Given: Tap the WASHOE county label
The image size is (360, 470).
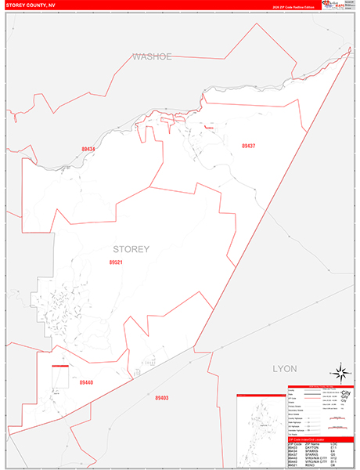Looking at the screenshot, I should coord(151,56).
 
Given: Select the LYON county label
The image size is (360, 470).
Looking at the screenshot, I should coord(286,367).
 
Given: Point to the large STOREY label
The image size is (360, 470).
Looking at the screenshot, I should coord(131,250).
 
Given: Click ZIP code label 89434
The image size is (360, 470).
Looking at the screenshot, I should coord(88,149).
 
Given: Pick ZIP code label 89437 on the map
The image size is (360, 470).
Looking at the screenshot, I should coord(249,146).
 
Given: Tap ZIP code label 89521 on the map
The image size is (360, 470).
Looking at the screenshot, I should coord(116,262).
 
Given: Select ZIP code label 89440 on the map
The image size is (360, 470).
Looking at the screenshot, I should coord(86,382).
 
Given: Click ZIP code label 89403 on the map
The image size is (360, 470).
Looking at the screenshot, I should coord(161,398).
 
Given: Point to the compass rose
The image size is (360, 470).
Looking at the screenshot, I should coord(340,373).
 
